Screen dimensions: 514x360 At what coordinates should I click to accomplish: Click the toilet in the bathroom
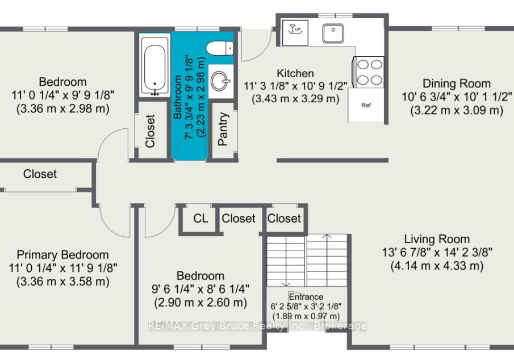coord(220,48)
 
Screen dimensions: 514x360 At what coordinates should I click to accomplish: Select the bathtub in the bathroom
coord(154,65)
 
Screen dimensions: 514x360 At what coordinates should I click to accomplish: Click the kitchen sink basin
coord(333,33)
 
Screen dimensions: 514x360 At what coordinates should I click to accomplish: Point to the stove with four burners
coord(369,72)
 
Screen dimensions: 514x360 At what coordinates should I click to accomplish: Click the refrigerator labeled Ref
coord(366,105)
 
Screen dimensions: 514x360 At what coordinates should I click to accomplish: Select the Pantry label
coord(223,129)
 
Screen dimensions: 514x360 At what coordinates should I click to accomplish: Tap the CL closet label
coord(200,219)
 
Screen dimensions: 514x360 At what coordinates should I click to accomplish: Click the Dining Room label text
coord(457,83)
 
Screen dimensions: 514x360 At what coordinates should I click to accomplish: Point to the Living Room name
coord(437,239)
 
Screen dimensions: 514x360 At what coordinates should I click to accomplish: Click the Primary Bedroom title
coord(62,255)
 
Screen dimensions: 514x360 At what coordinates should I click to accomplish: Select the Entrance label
coord(306,297)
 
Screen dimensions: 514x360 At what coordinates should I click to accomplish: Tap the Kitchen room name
coord(295,73)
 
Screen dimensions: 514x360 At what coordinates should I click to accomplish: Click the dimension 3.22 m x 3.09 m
coord(457,110)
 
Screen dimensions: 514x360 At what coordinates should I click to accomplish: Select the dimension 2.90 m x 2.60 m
coord(200,302)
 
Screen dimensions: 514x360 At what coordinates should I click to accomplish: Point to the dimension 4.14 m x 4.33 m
coord(437,266)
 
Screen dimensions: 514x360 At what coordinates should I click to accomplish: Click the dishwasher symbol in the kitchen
coord(295,33)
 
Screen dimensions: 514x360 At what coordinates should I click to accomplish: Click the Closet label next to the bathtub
coord(150,131)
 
